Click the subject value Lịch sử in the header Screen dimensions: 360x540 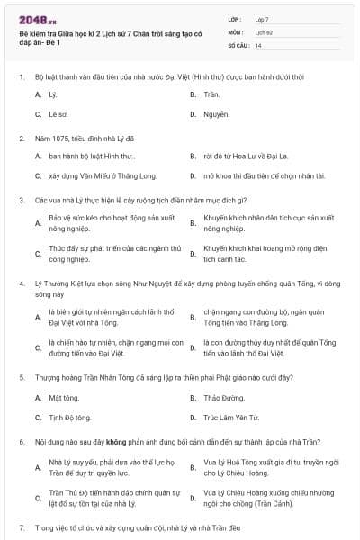click(264, 31)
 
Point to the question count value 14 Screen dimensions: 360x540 click(259, 44)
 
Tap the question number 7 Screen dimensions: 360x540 click(21, 526)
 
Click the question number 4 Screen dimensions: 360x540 click(21, 283)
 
